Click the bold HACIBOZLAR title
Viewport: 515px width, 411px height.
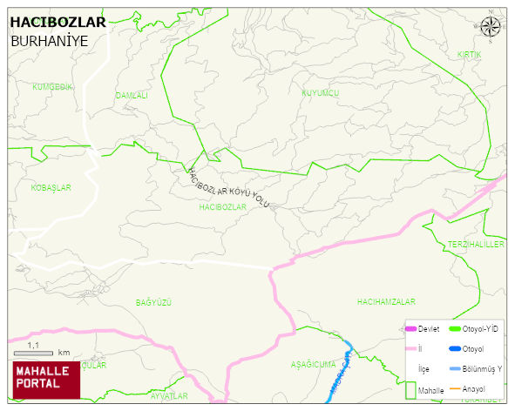[x=58, y=22]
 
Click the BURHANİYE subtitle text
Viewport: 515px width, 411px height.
[x=49, y=41]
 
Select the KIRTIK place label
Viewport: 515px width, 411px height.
[x=469, y=55]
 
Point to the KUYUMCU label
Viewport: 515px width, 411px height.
[x=320, y=92]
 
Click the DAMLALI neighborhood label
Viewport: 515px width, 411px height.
[x=132, y=95]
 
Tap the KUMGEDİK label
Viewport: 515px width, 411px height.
[x=51, y=86]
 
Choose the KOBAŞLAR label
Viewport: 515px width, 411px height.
[x=51, y=187]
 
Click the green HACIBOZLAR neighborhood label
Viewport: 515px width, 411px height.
[x=223, y=207]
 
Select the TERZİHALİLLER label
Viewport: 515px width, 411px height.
[x=476, y=245]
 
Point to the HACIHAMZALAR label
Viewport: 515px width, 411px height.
[x=385, y=301]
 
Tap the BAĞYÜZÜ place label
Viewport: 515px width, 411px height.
[x=154, y=302]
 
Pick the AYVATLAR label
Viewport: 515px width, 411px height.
[x=168, y=396]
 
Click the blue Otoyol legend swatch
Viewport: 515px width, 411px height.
[x=454, y=349]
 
